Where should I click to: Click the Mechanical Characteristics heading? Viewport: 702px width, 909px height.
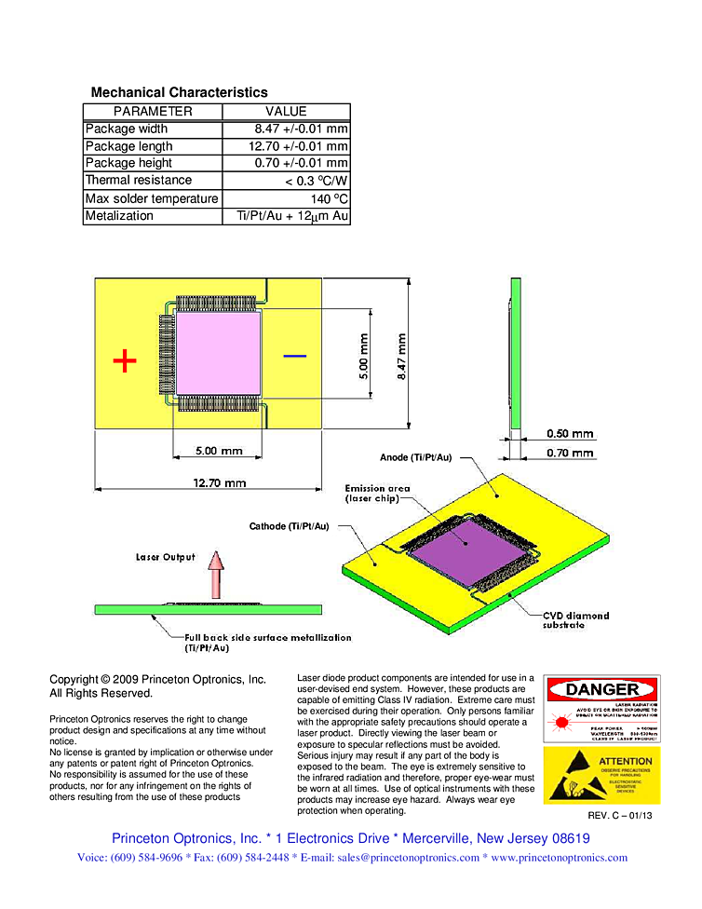coord(179,92)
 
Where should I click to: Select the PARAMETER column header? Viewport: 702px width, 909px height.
coord(153,112)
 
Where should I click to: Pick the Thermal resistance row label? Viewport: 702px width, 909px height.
coord(139,181)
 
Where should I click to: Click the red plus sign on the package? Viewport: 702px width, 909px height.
coord(124,360)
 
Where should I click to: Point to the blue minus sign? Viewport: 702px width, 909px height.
coord(294,355)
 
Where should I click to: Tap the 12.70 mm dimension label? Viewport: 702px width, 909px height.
coord(220,482)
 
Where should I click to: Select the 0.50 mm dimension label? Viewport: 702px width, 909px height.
coord(570,434)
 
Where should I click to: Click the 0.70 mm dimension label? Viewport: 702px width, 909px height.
coord(570,454)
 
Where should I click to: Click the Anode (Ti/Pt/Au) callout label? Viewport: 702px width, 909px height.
coord(415,457)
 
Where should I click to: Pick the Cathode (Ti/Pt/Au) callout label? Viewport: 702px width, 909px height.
coord(289,527)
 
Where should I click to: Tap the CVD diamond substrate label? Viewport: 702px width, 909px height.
coord(575,620)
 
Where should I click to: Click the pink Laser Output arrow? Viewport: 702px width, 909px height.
coord(216,576)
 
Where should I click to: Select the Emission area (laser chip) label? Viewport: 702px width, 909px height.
coord(377,494)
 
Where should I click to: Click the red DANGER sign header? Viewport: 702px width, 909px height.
coord(602,690)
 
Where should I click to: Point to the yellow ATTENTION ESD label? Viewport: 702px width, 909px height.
coord(601,775)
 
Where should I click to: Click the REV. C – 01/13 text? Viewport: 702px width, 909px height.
coord(620,816)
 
